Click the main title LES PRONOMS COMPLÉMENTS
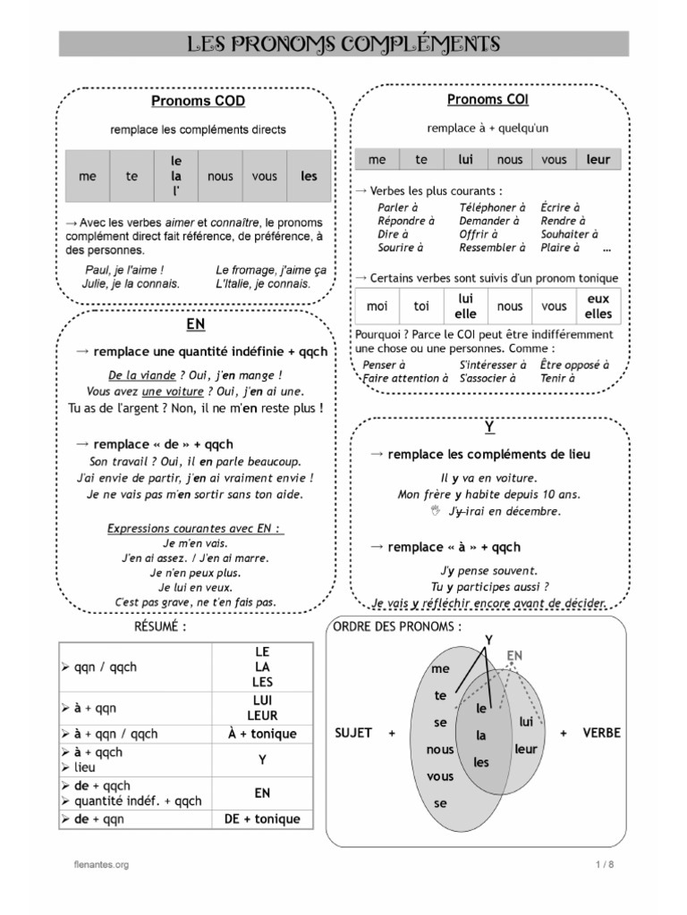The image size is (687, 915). [343, 44]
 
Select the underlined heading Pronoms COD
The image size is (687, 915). [198, 101]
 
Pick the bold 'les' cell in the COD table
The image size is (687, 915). [309, 177]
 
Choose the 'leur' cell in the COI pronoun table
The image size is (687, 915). [598, 160]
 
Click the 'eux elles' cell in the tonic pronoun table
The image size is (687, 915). [598, 306]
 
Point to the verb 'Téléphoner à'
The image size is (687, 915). [488, 207]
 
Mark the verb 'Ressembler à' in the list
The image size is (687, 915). [491, 248]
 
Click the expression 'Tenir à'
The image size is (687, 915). [558, 378]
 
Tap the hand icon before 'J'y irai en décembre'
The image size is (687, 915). [436, 510]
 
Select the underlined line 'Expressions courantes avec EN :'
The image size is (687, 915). [195, 528]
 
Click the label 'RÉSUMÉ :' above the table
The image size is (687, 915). [160, 627]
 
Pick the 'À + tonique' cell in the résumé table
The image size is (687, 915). [262, 734]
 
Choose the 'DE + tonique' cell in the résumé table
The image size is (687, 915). [262, 818]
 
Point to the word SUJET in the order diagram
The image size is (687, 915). [352, 733]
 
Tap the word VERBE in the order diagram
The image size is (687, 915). [601, 733]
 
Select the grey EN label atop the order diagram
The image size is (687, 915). [514, 656]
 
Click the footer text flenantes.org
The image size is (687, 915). [101, 865]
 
